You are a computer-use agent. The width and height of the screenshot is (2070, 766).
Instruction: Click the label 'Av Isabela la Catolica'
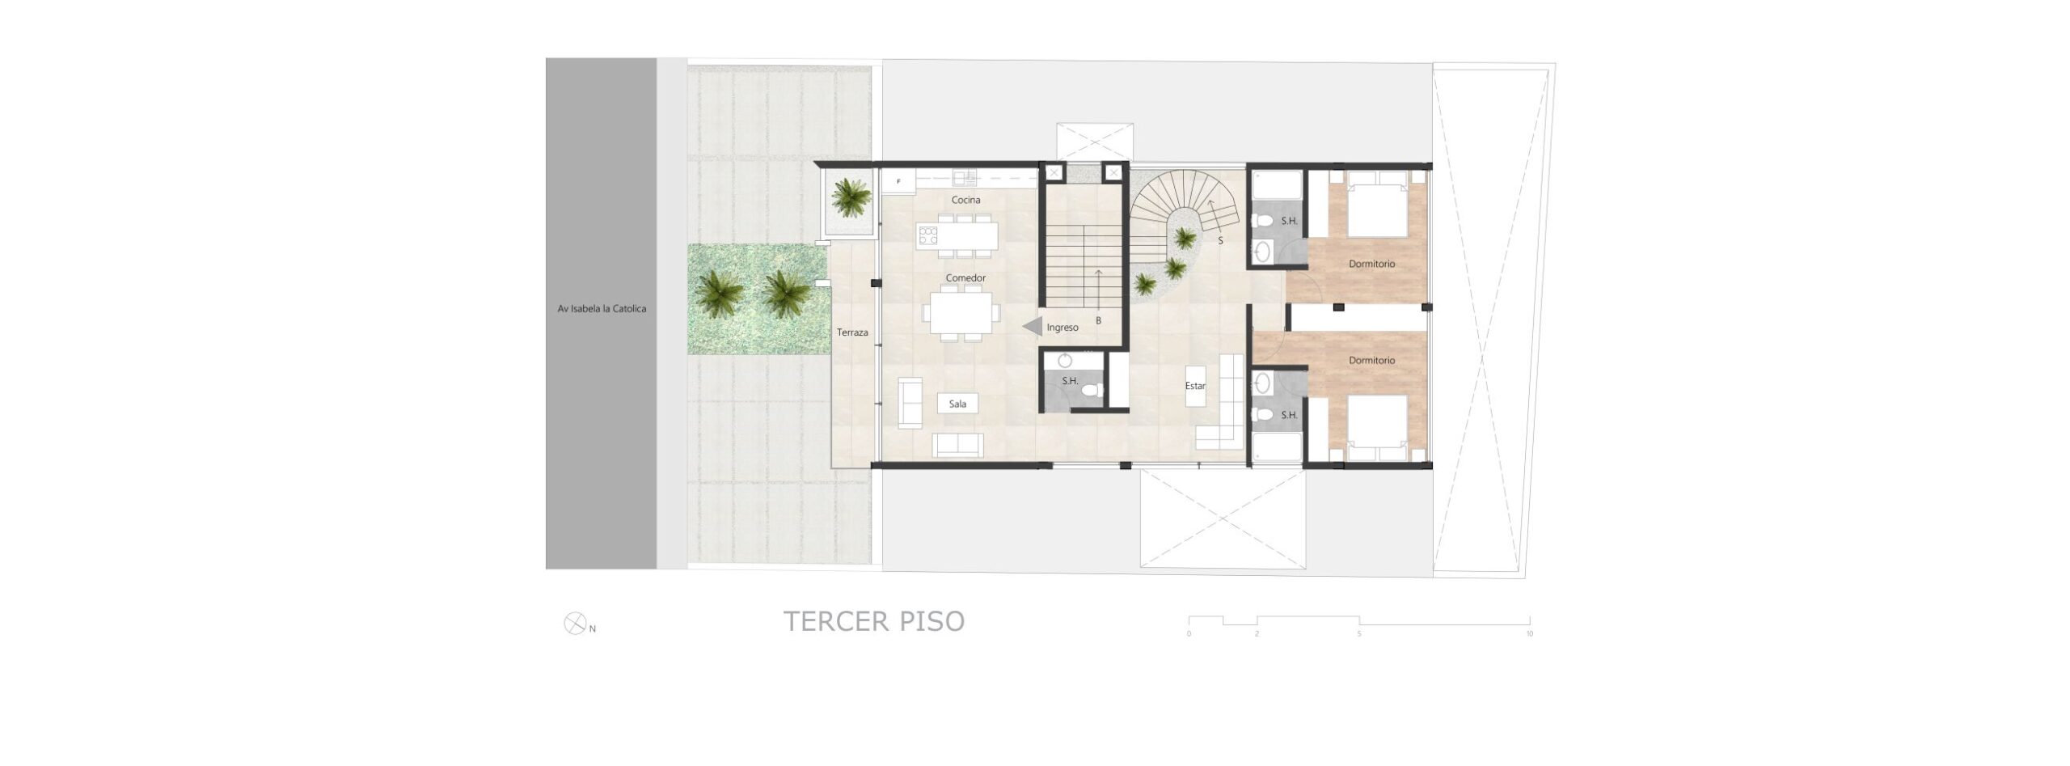(x=602, y=308)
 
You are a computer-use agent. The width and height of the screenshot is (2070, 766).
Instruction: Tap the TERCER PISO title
(x=874, y=621)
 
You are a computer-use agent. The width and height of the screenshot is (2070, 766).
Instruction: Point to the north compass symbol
(x=574, y=624)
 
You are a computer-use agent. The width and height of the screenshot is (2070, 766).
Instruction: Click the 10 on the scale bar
(x=1529, y=634)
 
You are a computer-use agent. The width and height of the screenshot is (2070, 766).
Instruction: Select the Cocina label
(x=965, y=200)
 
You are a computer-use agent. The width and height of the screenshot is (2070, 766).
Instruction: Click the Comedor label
(x=965, y=278)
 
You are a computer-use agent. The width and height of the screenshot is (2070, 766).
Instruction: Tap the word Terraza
(x=852, y=332)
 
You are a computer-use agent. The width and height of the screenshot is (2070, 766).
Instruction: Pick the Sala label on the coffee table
(x=957, y=404)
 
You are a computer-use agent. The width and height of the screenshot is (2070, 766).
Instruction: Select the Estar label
(x=1195, y=386)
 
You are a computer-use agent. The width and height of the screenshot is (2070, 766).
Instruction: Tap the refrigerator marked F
(x=898, y=181)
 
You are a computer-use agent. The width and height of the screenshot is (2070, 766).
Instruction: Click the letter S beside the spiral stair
(x=1220, y=240)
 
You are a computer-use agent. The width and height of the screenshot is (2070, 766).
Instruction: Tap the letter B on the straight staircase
(x=1098, y=321)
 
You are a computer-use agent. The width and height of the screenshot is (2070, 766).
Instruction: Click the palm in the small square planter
(x=851, y=198)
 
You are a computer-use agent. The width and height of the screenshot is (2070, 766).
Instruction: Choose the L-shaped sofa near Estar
(x=1221, y=402)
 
